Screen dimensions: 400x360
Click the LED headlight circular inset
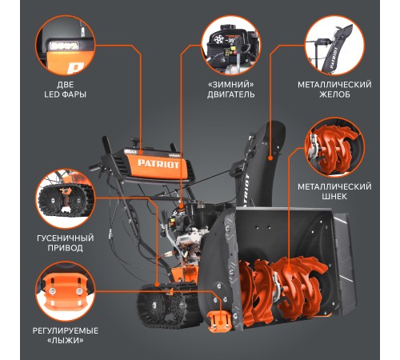click(x=66, y=45)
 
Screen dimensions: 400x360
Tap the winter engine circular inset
click(x=231, y=45)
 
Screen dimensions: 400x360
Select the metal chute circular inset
click(x=334, y=45)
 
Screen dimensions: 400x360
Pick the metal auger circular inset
click(x=334, y=147)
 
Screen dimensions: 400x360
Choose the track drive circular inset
click(x=66, y=198)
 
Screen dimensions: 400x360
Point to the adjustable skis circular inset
click(x=66, y=291)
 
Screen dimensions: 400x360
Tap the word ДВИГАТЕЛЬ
click(x=231, y=94)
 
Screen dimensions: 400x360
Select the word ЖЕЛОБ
click(x=334, y=94)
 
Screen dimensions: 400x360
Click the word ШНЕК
click(x=334, y=197)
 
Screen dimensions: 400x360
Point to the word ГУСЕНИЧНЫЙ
click(x=66, y=238)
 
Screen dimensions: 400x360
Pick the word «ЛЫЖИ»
click(x=66, y=341)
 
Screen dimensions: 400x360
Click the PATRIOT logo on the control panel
click(x=158, y=163)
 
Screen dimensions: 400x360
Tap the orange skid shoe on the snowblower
click(x=219, y=321)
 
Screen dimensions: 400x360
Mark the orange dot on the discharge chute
click(x=270, y=158)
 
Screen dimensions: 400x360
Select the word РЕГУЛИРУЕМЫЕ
click(x=66, y=330)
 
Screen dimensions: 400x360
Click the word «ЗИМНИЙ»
click(x=231, y=85)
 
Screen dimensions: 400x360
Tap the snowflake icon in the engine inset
click(x=219, y=39)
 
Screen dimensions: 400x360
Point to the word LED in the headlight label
click(x=51, y=94)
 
